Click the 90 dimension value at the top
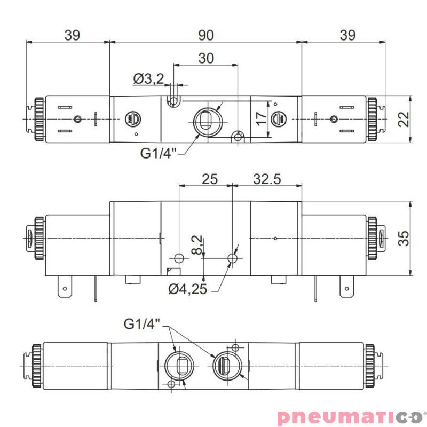pos(205,35)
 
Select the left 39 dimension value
pos(72,35)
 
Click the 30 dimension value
pos(206,58)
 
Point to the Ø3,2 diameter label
pos(148,79)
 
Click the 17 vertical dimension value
pos(260,118)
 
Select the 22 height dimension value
pos(404,118)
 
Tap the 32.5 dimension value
pos(267,179)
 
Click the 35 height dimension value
pos(404,238)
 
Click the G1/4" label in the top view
pos(158,154)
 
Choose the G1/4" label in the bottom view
pos(141,323)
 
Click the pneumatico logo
pos(349,415)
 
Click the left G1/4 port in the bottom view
pos(177,366)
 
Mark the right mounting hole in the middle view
pos(233,258)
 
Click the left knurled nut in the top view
pos(39,118)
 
